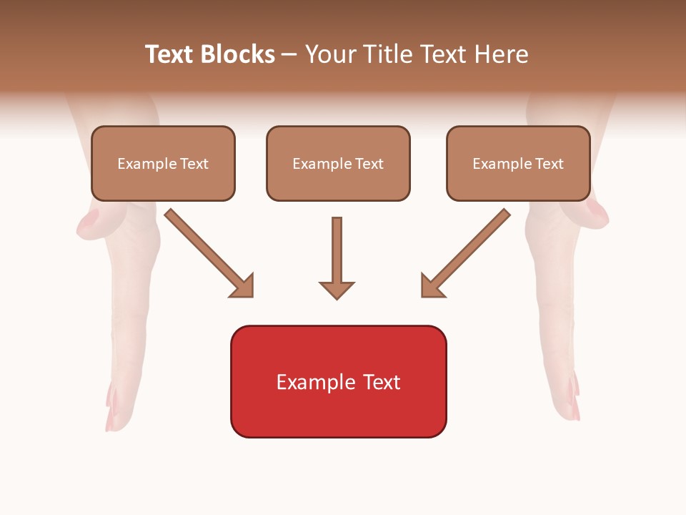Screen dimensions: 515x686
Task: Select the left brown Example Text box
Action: [x=163, y=164]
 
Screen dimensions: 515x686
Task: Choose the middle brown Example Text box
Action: [x=338, y=164]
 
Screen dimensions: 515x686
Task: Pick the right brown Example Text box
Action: [x=518, y=164]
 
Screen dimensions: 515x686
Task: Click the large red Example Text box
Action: [x=339, y=382]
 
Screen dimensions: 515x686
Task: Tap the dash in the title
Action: [x=289, y=54]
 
